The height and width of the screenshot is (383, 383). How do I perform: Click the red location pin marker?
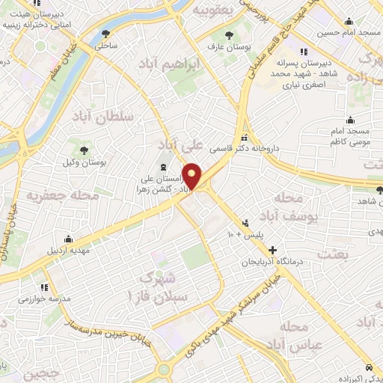click(192, 175)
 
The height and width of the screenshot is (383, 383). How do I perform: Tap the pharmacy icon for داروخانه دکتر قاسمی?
click(245, 137)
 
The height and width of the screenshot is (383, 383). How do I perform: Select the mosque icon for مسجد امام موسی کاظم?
click(350, 120)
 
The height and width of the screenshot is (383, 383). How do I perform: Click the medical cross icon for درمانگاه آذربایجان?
click(272, 251)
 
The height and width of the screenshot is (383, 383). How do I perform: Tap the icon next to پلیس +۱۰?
click(246, 223)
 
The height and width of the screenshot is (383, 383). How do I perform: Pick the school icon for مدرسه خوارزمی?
click(44, 287)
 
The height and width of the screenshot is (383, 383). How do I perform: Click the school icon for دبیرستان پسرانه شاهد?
click(303, 52)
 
